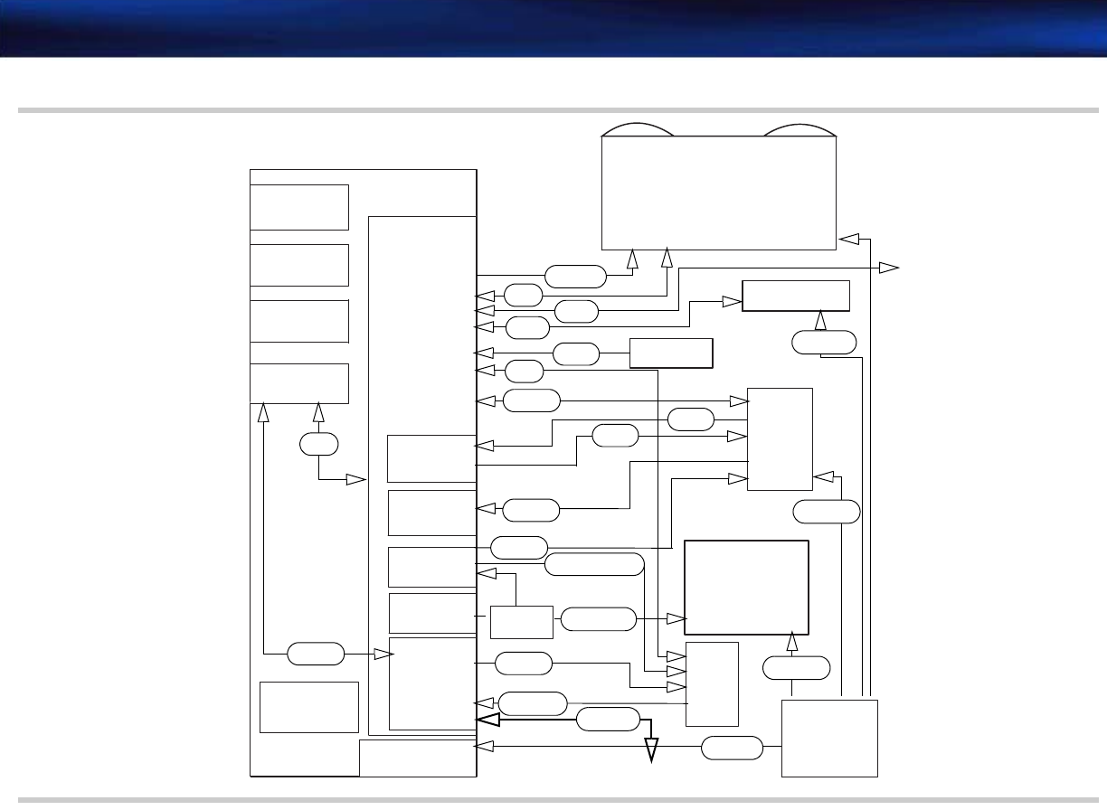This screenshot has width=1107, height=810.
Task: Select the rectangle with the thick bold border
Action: coord(746,588)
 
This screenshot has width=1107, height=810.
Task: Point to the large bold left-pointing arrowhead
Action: coord(488,721)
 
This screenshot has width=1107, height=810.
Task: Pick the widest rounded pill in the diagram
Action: coord(594,565)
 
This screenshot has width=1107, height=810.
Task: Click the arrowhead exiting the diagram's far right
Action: coord(889,268)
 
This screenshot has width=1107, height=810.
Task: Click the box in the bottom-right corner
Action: coord(829,738)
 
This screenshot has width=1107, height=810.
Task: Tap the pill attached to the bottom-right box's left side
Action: coord(732,748)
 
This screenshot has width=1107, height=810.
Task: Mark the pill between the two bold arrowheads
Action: coord(608,721)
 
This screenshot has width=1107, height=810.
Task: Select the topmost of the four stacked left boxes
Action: coord(299,207)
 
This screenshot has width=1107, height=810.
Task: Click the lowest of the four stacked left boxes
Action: coord(299,383)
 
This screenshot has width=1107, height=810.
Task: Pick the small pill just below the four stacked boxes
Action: coord(319,445)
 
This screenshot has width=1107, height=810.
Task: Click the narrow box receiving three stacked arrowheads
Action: coord(713,683)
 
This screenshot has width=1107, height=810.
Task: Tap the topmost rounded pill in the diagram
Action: coord(575,276)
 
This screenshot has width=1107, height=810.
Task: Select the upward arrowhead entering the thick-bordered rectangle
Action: coord(792,643)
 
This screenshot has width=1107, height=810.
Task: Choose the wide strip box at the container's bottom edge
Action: coord(417,758)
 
